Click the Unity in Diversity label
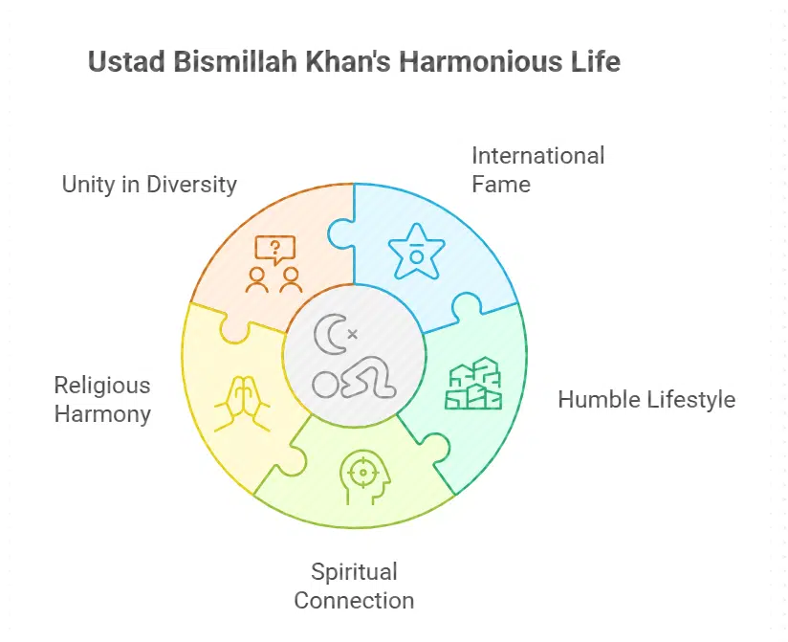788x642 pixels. (149, 185)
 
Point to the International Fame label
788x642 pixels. (538, 168)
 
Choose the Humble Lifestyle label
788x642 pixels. (646, 399)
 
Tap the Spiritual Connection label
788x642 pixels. (354, 586)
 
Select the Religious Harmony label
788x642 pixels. (102, 399)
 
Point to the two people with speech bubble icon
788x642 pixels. (274, 264)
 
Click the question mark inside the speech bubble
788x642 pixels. (276, 248)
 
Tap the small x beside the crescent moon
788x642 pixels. (352, 334)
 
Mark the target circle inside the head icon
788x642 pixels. (361, 471)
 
